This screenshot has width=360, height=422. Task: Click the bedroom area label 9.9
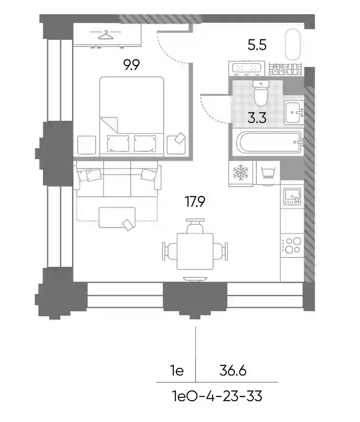132,65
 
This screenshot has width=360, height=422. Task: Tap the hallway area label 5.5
257,45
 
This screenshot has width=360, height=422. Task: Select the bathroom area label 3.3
257,118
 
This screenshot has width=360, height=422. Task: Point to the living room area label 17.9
195,202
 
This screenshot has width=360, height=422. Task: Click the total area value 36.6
233,371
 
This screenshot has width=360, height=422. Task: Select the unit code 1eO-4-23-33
217,396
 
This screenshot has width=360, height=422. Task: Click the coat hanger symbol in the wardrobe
106,35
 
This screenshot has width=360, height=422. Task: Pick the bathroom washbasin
294,112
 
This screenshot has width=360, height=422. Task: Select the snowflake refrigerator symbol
241,172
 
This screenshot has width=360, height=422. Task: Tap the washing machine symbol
268,172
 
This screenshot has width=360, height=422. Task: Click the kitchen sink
292,196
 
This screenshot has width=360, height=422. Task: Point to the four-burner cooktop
292,245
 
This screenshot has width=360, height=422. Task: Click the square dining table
195,251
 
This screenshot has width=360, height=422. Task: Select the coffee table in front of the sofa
117,218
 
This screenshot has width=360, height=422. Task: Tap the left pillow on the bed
118,144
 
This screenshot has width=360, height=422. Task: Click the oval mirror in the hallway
293,45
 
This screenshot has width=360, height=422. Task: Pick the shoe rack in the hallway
285,69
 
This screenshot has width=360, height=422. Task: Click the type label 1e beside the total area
177,371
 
